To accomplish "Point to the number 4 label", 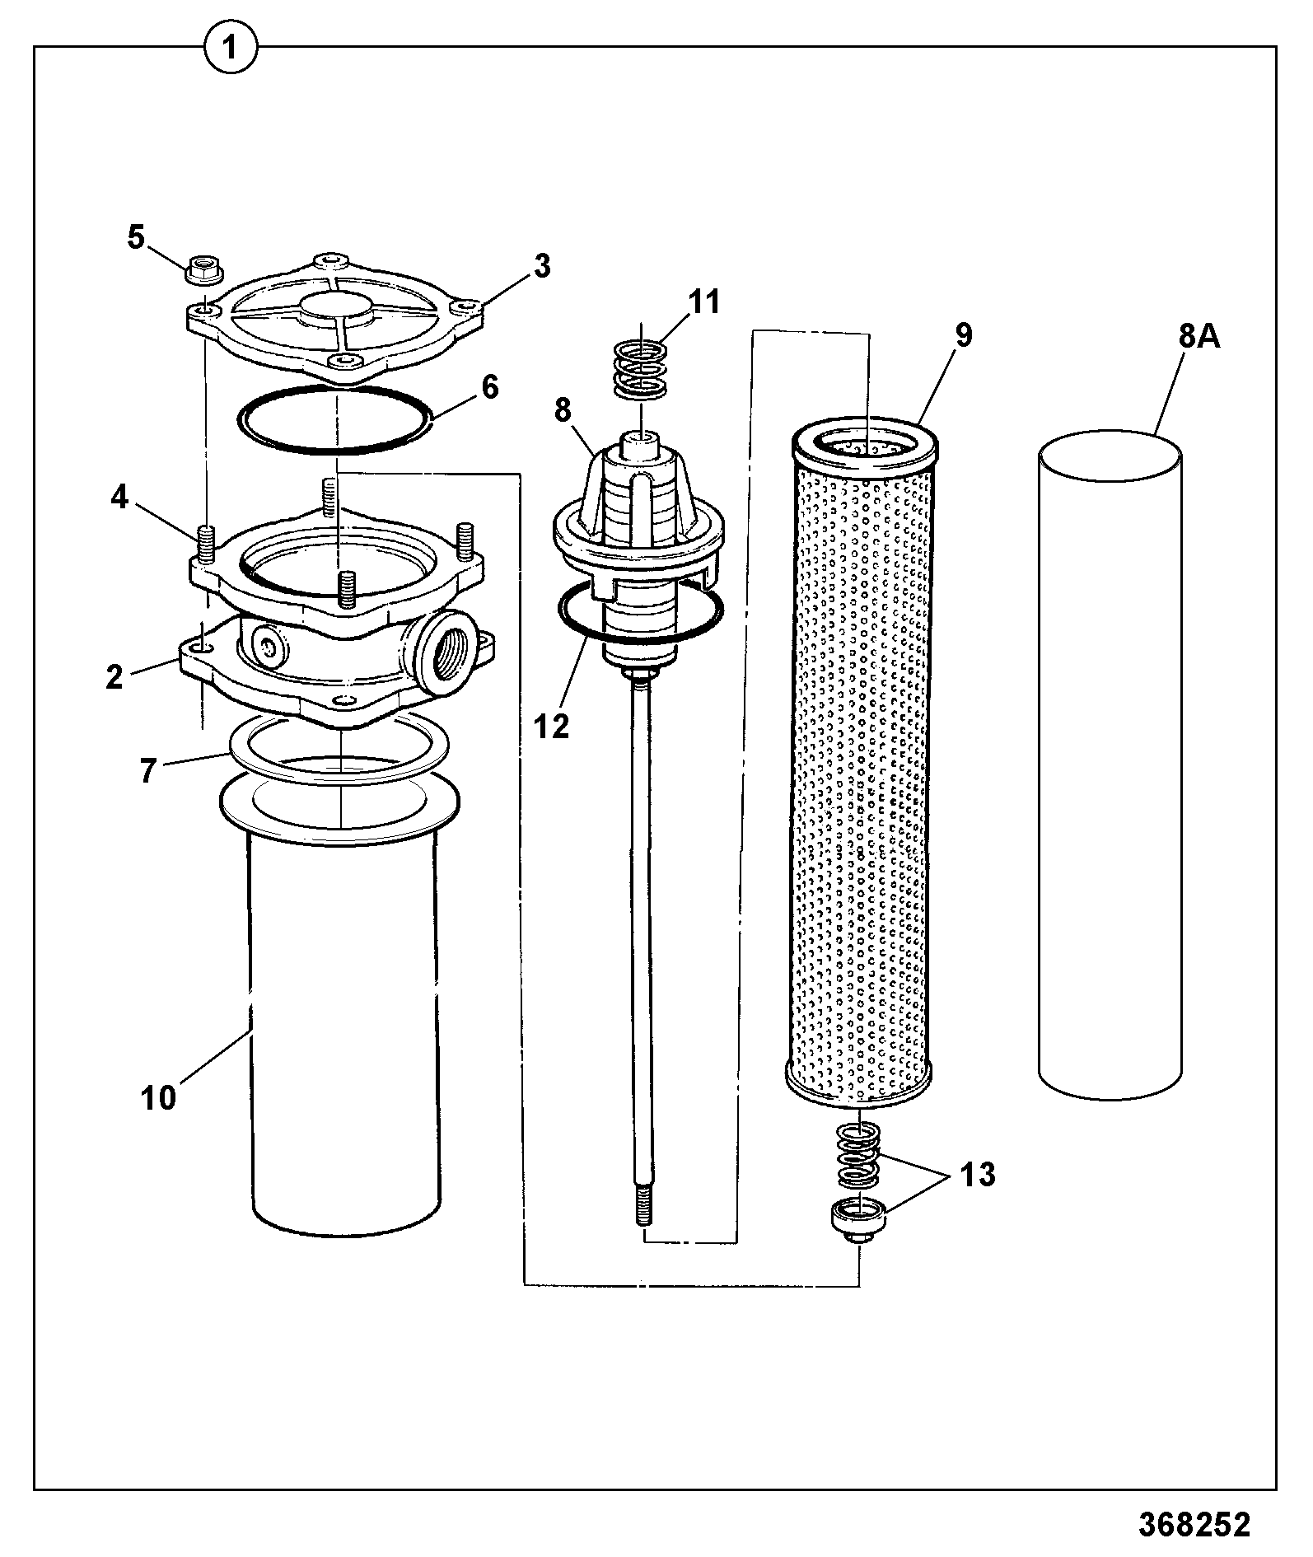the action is click(120, 498).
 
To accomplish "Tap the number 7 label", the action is click(147, 772).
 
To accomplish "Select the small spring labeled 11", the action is click(642, 368).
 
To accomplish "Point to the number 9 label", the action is click(963, 336).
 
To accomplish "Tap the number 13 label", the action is click(978, 1174).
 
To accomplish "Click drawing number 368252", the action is click(1194, 1523).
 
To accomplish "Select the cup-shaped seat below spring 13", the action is click(857, 1218).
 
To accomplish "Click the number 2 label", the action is click(114, 676).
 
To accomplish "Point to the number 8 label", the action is click(563, 410).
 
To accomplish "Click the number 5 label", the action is click(135, 237).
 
